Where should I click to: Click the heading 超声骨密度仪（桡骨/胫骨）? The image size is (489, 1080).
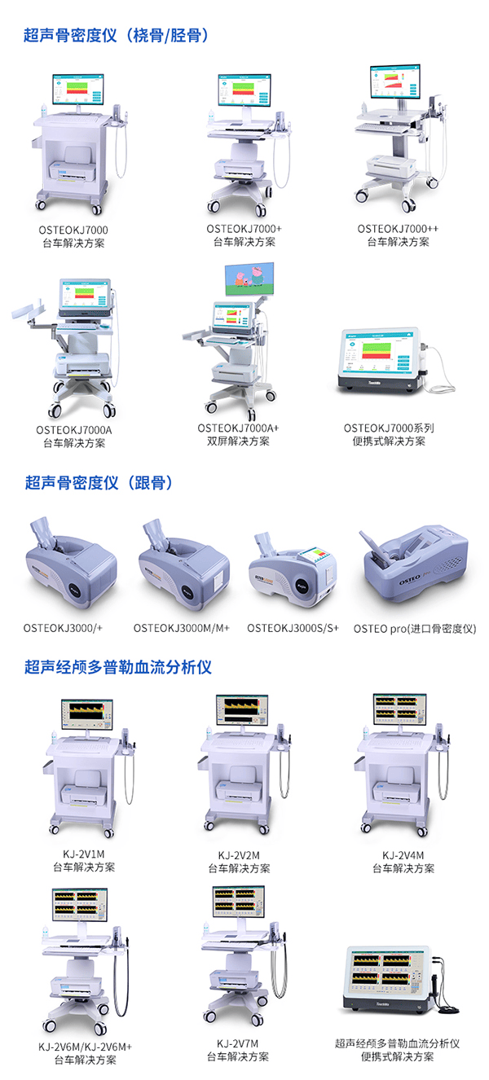117,35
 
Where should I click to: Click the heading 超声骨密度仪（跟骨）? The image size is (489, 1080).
99,483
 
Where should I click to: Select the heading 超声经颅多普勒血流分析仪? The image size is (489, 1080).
118,667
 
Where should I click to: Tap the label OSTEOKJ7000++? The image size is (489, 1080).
397,229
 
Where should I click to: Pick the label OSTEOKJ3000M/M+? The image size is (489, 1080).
182,628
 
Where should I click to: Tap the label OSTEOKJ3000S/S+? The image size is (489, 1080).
293,628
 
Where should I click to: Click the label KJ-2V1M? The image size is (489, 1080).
84,854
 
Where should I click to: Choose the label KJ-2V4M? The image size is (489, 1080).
403,854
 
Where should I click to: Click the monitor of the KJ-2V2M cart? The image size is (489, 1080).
240,711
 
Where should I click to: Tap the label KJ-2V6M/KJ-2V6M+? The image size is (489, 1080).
85,1046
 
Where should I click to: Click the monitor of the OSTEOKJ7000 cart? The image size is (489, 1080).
79,90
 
